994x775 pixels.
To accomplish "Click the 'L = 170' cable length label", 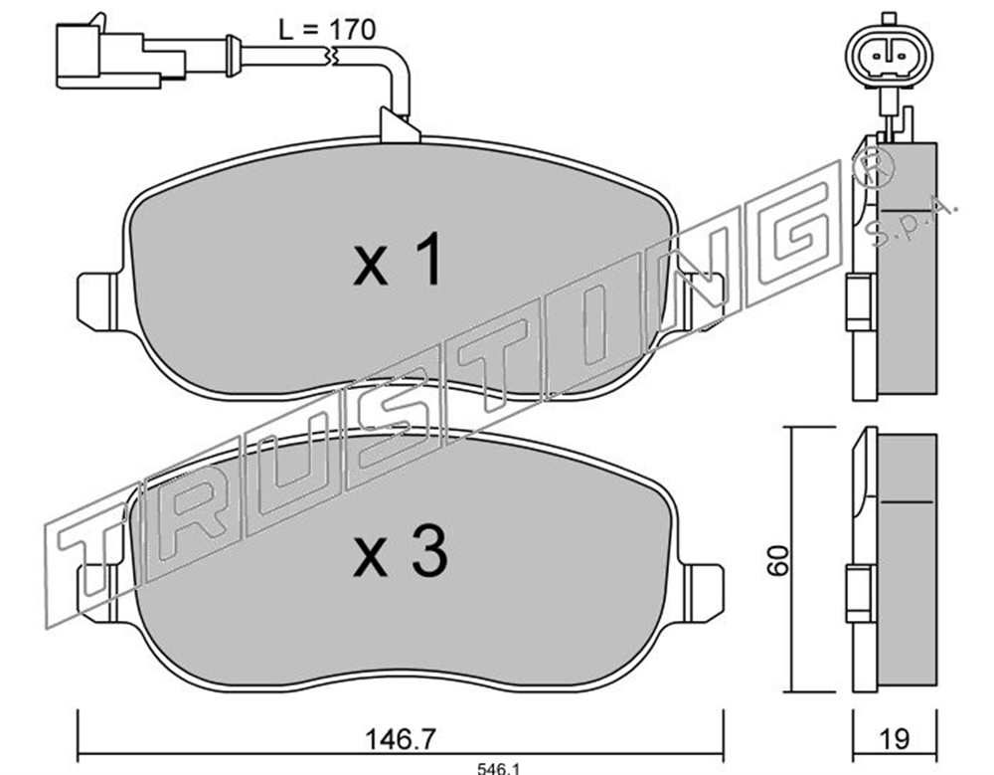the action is [328, 30].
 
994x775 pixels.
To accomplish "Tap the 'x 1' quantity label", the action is [398, 261].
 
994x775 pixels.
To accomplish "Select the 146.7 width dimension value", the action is [401, 738].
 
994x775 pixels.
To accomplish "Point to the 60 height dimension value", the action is [778, 560].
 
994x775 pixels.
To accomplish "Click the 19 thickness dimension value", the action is [895, 738].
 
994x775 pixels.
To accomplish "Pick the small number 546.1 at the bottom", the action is [498, 769].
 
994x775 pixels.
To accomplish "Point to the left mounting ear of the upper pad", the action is [97, 301].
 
